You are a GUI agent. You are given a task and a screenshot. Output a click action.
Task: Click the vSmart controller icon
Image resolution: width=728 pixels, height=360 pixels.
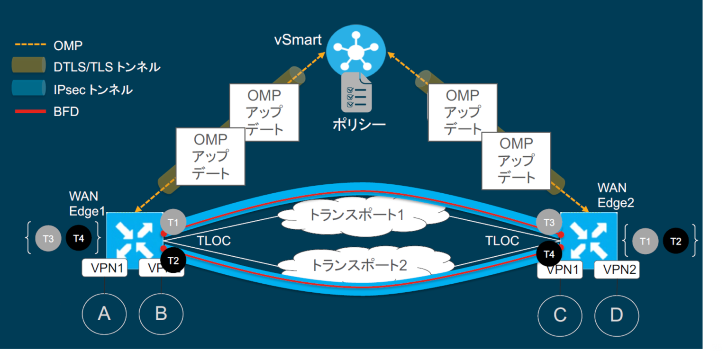click(355, 49)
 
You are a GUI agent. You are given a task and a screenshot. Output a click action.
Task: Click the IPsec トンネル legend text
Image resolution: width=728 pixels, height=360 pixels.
click(93, 90)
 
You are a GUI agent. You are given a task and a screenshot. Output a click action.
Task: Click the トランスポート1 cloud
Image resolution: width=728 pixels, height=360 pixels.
click(356, 216)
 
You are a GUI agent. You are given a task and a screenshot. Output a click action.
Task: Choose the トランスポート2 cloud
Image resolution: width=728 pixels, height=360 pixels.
click(359, 265)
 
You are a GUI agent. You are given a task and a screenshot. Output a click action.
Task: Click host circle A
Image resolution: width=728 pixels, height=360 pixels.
click(104, 314)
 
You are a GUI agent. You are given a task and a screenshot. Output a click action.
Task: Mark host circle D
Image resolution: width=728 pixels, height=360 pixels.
click(617, 315)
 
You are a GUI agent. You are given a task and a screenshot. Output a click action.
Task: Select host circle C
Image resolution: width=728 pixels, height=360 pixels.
click(560, 315)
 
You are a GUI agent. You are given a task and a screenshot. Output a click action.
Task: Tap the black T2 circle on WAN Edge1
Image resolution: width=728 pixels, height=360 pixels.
click(173, 260)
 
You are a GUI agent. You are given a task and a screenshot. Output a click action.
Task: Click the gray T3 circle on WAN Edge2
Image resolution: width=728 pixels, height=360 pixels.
click(549, 222)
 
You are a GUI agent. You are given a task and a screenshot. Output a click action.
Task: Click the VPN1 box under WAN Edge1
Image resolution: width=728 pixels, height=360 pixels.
click(104, 268)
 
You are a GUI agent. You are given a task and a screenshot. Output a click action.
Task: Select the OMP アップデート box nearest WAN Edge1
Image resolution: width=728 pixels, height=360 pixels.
click(210, 156)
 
